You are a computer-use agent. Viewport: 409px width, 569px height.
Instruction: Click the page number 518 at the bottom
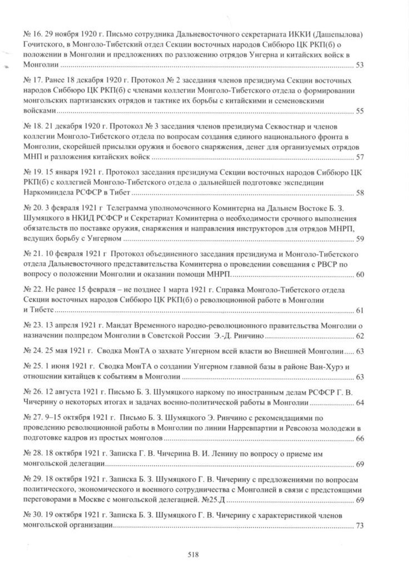click(x=193, y=554)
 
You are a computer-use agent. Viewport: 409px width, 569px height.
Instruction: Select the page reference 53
click(x=359, y=66)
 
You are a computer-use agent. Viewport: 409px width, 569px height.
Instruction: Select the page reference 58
click(x=359, y=193)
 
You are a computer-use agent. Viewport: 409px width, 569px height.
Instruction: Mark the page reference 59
click(x=359, y=239)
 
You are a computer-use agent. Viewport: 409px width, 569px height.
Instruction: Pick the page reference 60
click(x=359, y=275)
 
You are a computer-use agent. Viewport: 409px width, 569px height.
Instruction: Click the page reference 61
click(x=359, y=310)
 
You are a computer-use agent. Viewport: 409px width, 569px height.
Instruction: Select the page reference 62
click(x=359, y=336)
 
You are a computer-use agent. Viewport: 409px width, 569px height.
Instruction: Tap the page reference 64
click(x=359, y=402)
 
